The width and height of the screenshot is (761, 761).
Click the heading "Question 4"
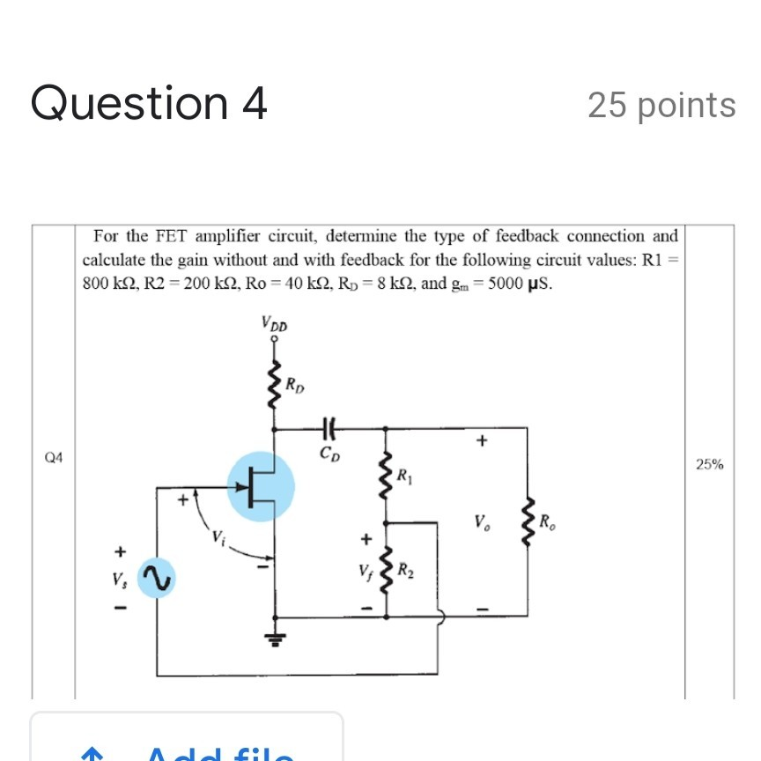(149, 103)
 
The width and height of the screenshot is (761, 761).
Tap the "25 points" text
(661, 105)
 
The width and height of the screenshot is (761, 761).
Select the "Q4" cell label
(54, 457)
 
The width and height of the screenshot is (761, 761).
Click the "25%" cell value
(709, 464)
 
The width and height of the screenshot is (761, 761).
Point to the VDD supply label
(274, 326)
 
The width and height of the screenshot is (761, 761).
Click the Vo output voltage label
(480, 521)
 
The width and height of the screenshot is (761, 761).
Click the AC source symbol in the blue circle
(155, 578)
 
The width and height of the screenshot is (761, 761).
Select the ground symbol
(276, 639)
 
